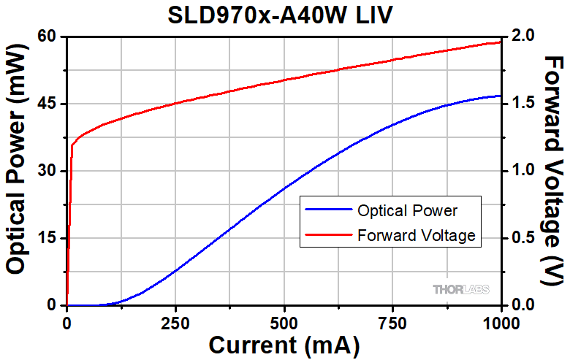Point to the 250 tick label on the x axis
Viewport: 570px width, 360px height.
(175, 321)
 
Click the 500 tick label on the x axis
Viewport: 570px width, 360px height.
(284, 321)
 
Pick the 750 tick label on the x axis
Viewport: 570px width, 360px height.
(392, 321)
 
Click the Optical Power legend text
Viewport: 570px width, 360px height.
(407, 211)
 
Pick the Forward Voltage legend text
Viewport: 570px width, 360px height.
(417, 235)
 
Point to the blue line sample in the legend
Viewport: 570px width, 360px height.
(327, 211)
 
